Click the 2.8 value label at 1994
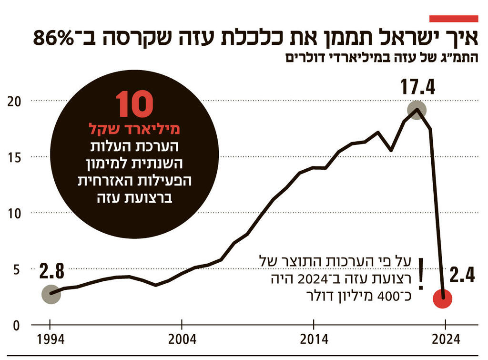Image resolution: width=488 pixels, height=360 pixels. (51, 272)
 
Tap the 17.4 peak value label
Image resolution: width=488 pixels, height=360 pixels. (417, 88)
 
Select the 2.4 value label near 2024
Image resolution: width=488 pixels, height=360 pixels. (462, 276)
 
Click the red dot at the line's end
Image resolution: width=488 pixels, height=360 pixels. (443, 298)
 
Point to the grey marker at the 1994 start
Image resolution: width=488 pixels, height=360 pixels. (51, 294)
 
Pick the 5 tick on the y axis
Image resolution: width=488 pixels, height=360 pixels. (15, 270)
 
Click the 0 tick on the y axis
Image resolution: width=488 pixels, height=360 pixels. (15, 326)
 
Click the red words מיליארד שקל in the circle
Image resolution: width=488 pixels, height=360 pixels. (134, 129)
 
